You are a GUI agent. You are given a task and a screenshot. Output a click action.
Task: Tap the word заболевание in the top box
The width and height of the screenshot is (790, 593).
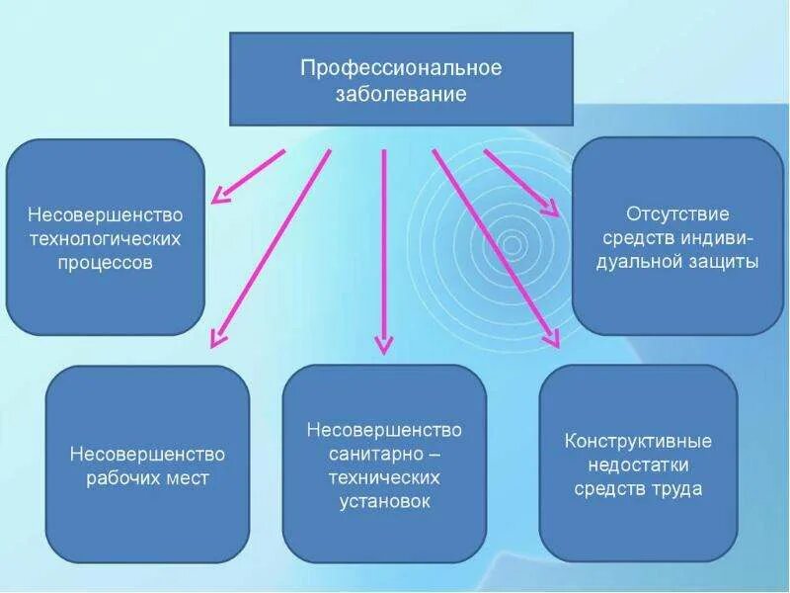pos(401,96)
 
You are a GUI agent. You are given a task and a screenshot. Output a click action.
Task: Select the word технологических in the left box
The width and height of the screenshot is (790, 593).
pos(106,239)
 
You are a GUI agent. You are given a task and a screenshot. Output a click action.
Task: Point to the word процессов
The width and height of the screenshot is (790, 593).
pos(106,264)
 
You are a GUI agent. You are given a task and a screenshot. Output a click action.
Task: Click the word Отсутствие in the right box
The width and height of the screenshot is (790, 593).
pos(677,213)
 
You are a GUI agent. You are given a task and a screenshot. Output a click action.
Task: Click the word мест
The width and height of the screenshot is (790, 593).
pos(194,479)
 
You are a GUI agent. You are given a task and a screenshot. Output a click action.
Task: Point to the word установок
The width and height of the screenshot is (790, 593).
pos(384,501)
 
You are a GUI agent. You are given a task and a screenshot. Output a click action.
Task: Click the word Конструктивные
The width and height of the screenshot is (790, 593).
pos(638,441)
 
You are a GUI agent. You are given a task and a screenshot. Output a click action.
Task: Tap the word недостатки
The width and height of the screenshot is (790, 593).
pos(638,465)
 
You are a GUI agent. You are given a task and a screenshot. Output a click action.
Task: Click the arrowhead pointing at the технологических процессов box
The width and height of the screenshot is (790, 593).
pos(222,194)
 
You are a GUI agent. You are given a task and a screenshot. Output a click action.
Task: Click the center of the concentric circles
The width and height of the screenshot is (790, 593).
pos(512,244)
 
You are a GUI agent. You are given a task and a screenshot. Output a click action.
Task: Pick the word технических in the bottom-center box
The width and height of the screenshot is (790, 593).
pos(384,477)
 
